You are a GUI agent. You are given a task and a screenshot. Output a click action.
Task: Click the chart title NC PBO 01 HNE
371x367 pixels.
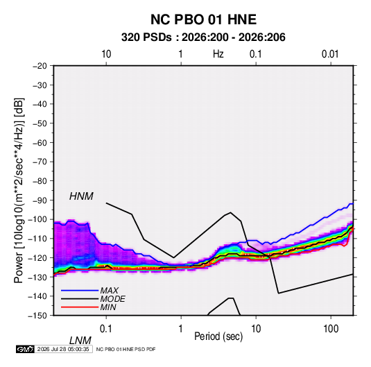(203, 19)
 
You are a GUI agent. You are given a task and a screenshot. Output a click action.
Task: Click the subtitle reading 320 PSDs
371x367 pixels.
(146, 37)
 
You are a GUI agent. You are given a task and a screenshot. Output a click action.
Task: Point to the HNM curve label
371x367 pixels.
(81, 196)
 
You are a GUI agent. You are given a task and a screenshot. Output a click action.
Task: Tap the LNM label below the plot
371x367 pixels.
(80, 341)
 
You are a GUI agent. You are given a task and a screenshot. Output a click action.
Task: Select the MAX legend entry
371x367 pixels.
(109, 290)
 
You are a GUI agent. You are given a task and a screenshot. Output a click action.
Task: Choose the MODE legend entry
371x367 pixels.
(112, 299)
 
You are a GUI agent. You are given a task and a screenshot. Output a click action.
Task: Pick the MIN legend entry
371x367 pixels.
(108, 307)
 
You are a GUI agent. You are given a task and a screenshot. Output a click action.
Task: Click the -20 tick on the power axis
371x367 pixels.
(40, 66)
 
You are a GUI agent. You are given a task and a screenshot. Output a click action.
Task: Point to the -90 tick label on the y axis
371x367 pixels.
(40, 200)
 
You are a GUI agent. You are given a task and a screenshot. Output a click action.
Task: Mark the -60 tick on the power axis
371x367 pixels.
(40, 142)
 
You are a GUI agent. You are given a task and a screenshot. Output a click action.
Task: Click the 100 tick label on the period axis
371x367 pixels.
(331, 329)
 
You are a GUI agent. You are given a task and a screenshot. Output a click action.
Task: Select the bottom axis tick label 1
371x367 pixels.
(181, 329)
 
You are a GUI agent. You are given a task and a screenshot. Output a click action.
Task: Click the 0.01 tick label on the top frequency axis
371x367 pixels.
(330, 54)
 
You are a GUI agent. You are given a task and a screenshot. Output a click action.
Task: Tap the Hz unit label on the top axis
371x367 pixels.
(218, 54)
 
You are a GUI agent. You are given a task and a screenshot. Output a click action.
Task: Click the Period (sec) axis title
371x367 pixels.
(218, 336)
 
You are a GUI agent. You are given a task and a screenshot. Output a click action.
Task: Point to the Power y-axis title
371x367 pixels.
(19, 191)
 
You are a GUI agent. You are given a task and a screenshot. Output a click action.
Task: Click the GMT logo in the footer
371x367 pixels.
(25, 349)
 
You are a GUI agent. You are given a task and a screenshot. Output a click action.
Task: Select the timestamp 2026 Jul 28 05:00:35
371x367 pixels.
(63, 349)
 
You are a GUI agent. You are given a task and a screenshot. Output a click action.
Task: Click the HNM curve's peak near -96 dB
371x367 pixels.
(231, 212)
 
